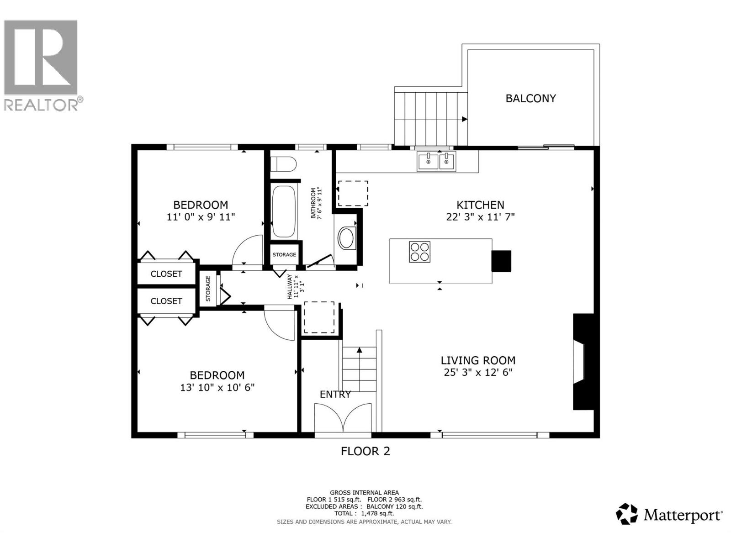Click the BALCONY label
[530, 98]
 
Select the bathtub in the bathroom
[284, 211]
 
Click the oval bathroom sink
[347, 238]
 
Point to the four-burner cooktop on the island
[419, 251]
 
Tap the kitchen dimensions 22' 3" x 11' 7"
[480, 217]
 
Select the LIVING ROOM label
[478, 360]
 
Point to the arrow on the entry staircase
[360, 350]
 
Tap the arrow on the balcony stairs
[464, 119]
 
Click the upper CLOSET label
[166, 274]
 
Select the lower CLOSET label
[166, 301]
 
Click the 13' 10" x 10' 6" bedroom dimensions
[217, 388]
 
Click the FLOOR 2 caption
[365, 451]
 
